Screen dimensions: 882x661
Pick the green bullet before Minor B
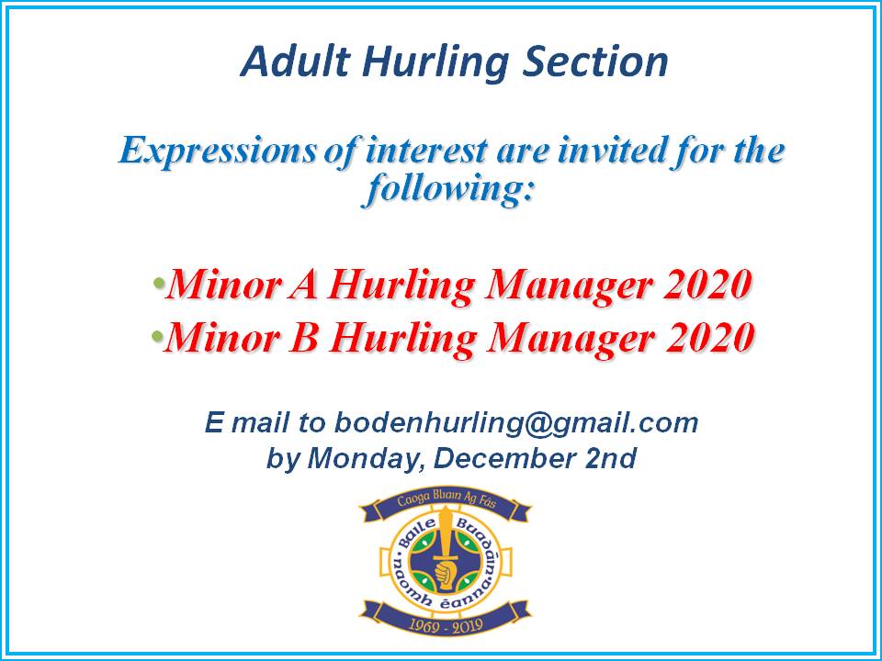(157, 337)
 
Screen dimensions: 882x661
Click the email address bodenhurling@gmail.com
(516, 423)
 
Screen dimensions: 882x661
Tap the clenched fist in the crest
(445, 575)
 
